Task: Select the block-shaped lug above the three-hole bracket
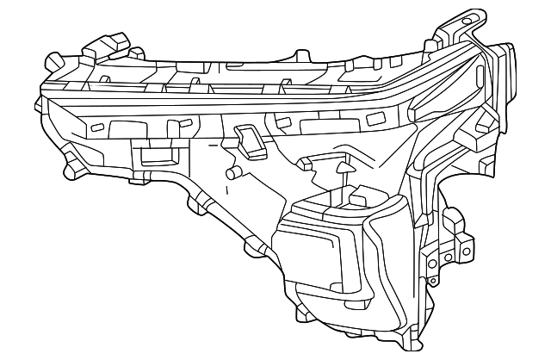click(465, 236)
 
